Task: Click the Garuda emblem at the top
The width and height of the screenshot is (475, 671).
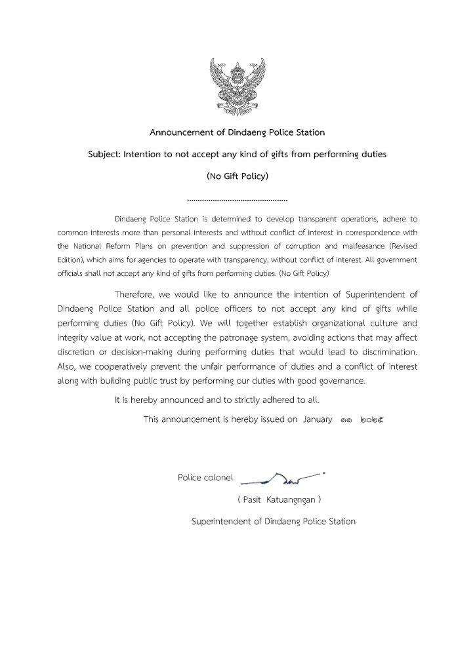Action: [237, 86]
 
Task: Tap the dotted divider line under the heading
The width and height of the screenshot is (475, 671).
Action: [237, 198]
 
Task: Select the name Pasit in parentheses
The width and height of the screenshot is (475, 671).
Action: [254, 499]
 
